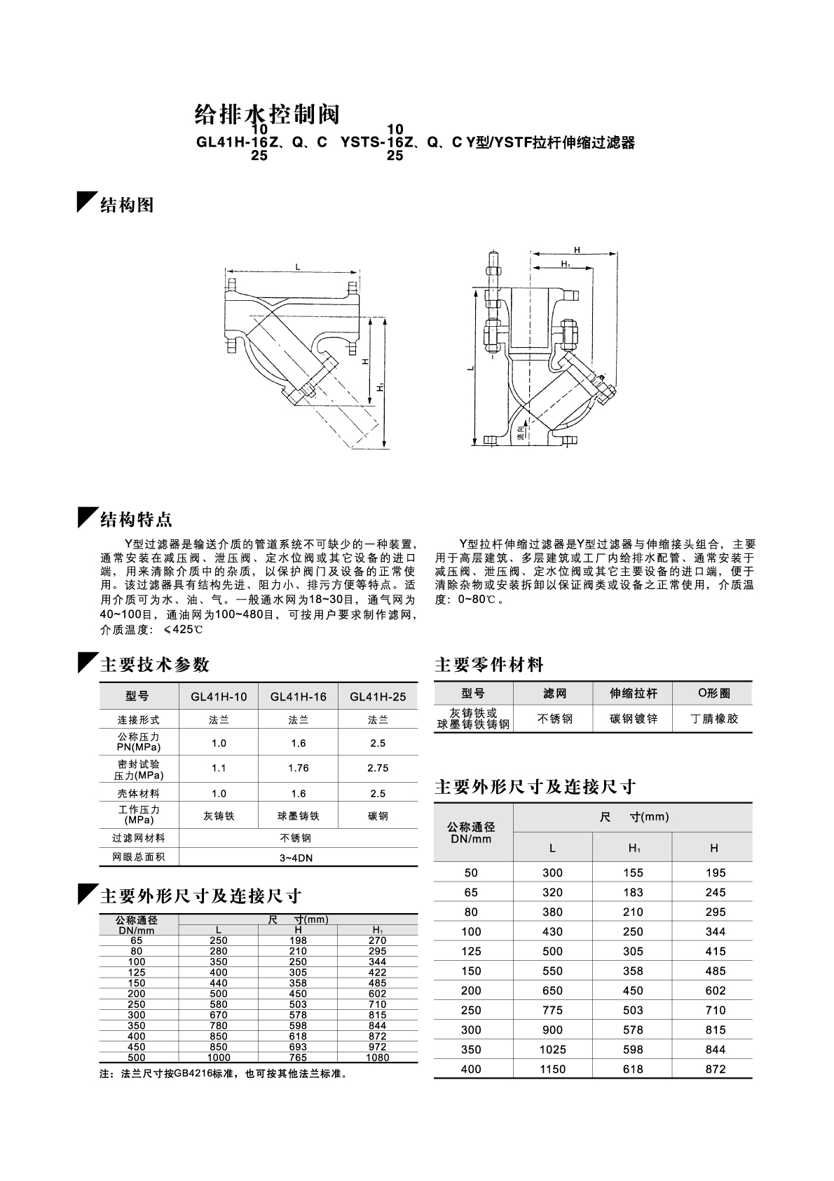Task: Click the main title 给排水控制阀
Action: point(266,114)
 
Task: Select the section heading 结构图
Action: point(127,205)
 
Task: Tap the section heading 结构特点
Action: point(136,520)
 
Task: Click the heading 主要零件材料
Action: point(489,664)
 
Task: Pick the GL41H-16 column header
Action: point(298,697)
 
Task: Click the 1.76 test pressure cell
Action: point(298,768)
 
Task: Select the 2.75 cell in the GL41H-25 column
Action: point(377,768)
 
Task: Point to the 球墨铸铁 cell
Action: point(298,816)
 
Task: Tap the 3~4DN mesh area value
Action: point(298,857)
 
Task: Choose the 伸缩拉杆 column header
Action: point(633,694)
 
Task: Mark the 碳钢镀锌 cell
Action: point(633,719)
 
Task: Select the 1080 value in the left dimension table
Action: point(377,1057)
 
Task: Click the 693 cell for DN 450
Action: point(298,1046)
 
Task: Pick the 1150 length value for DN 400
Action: point(552,1069)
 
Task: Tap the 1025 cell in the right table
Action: point(552,1049)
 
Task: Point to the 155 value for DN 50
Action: point(633,872)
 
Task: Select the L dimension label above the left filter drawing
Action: point(298,266)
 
